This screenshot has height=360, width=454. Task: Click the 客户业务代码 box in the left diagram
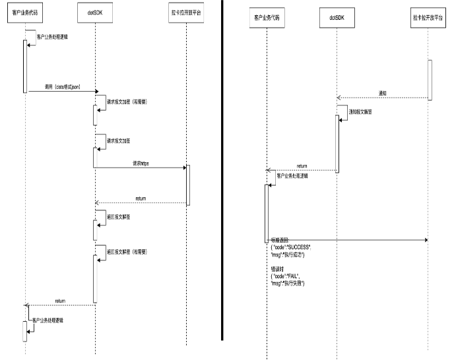(x=25, y=13)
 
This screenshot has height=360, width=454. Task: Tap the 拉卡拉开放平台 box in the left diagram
(x=187, y=13)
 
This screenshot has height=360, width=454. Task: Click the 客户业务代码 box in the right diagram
(x=267, y=17)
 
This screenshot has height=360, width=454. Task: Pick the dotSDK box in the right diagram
(x=337, y=17)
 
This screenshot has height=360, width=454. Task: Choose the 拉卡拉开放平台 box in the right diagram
(x=428, y=17)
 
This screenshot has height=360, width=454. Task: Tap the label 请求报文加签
(x=119, y=140)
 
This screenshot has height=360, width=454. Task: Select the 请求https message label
(x=141, y=162)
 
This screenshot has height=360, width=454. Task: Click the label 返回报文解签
(x=119, y=216)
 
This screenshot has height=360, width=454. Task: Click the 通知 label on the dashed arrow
(x=383, y=93)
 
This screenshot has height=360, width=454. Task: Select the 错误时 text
(x=278, y=269)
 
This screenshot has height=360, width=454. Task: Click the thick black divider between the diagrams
(x=222, y=171)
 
